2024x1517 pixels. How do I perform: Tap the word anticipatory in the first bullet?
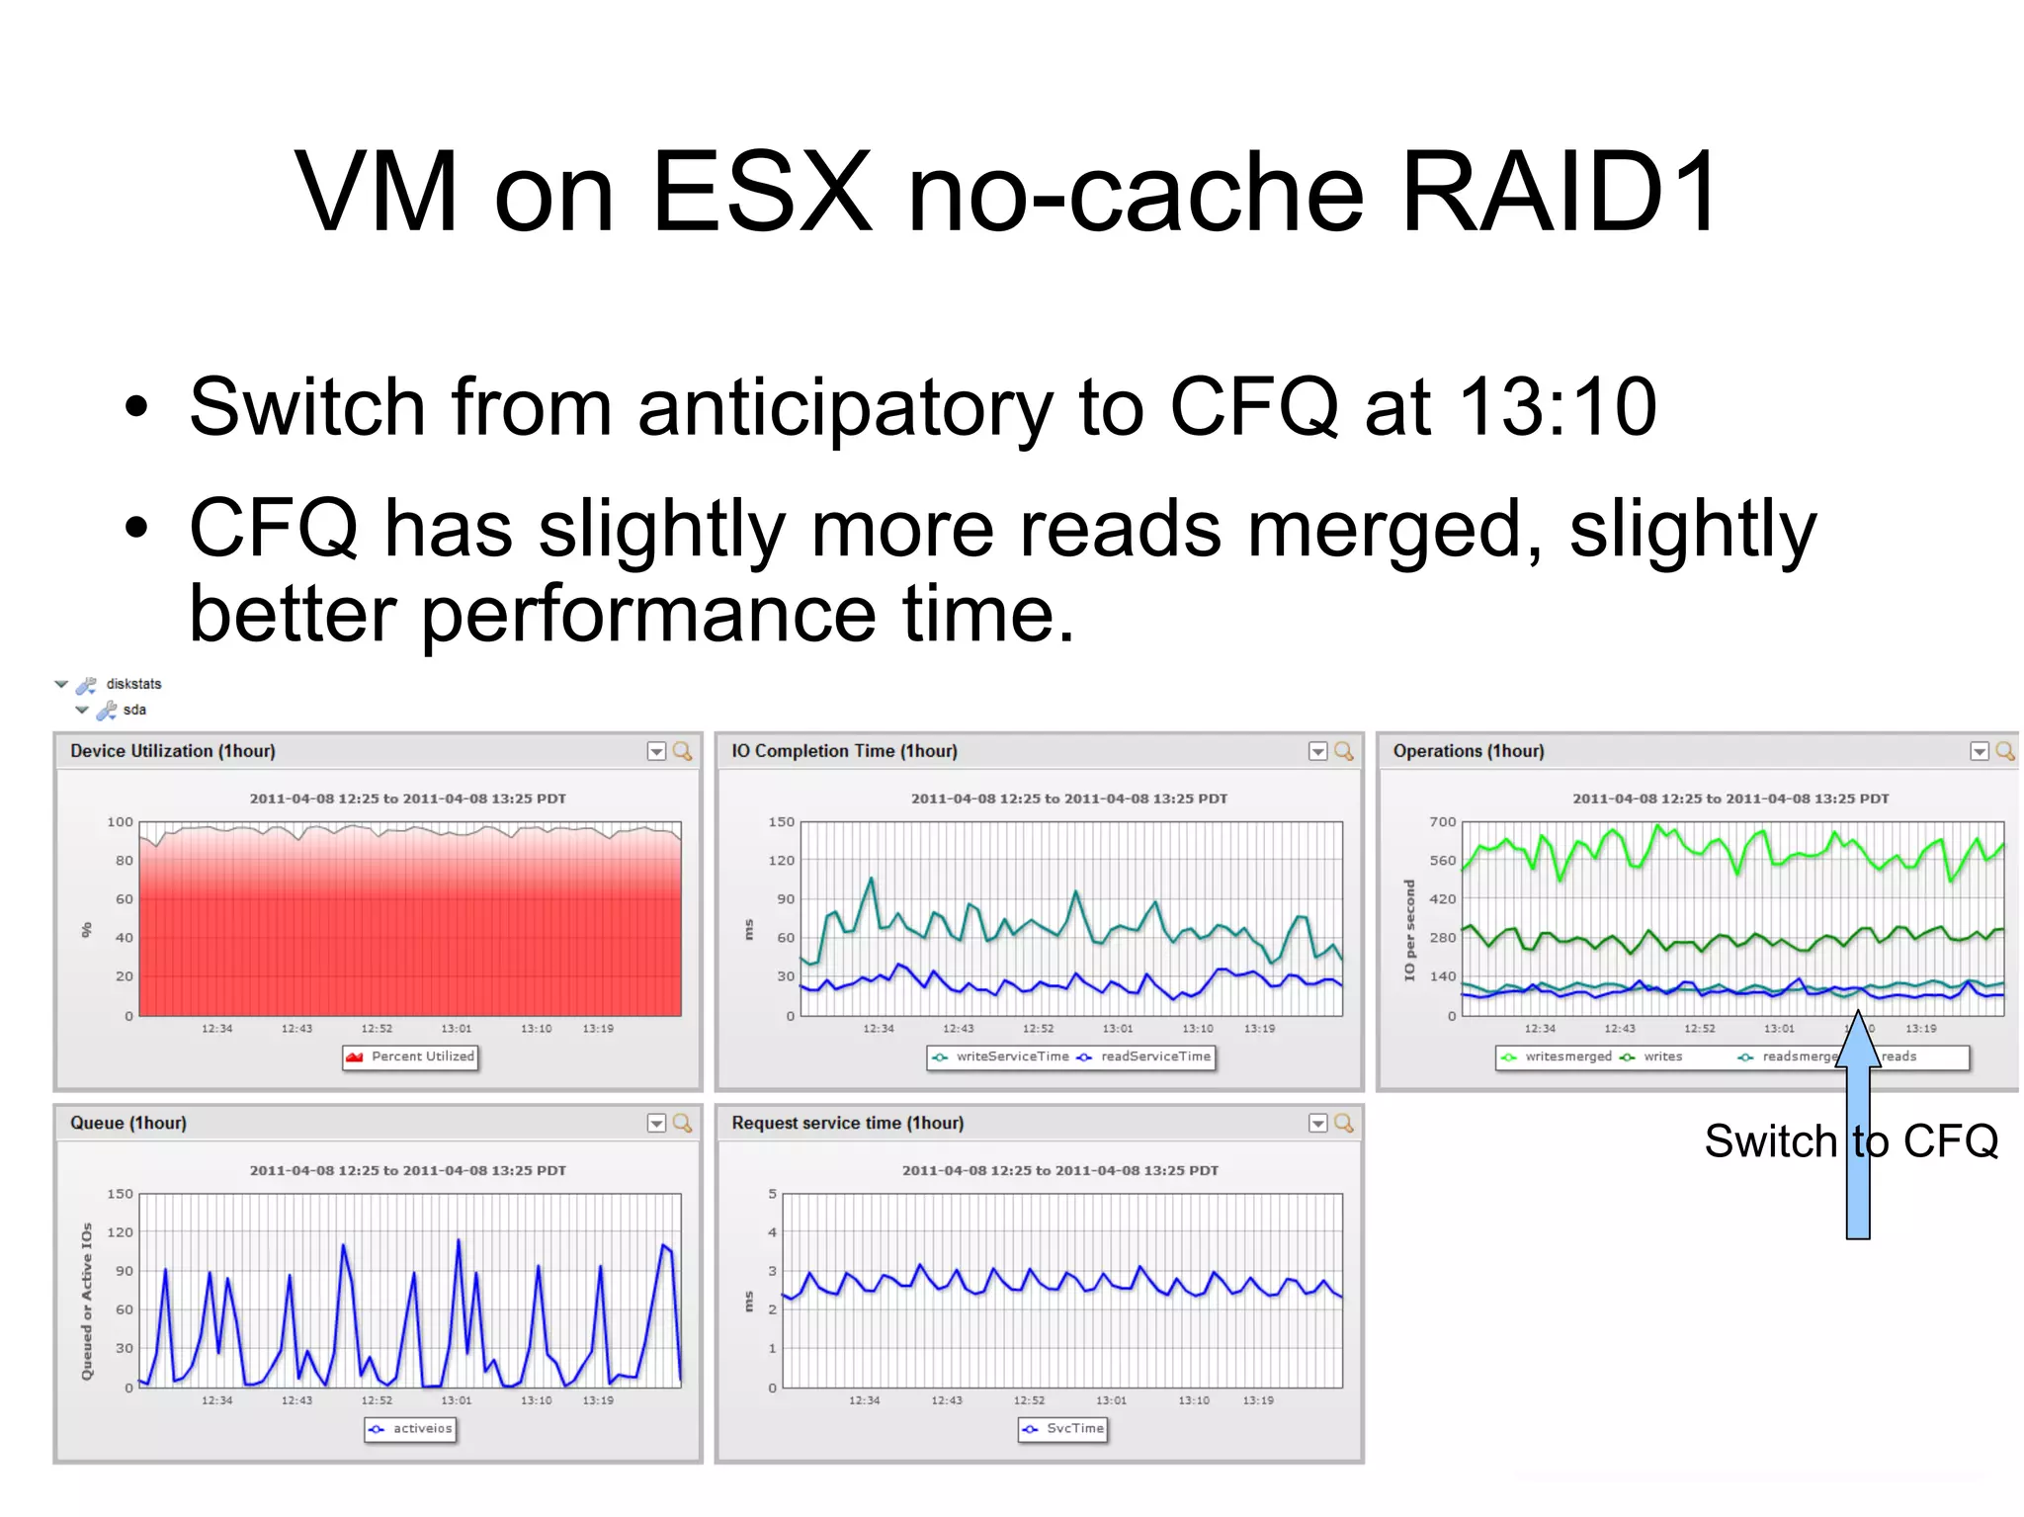click(845, 409)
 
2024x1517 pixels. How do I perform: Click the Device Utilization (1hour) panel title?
click(173, 751)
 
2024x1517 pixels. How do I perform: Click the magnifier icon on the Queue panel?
click(682, 1123)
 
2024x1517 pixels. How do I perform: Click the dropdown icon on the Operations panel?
click(1979, 751)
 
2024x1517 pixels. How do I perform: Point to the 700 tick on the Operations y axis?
click(1442, 821)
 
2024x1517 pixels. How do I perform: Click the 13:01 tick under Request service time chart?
click(1111, 1400)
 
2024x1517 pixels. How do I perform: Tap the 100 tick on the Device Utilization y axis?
click(120, 821)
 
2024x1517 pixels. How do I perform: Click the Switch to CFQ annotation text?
click(1851, 1141)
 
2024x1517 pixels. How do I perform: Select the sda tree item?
click(134, 710)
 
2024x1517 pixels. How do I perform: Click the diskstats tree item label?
click(133, 684)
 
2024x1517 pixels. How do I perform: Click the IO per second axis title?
click(1410, 930)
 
